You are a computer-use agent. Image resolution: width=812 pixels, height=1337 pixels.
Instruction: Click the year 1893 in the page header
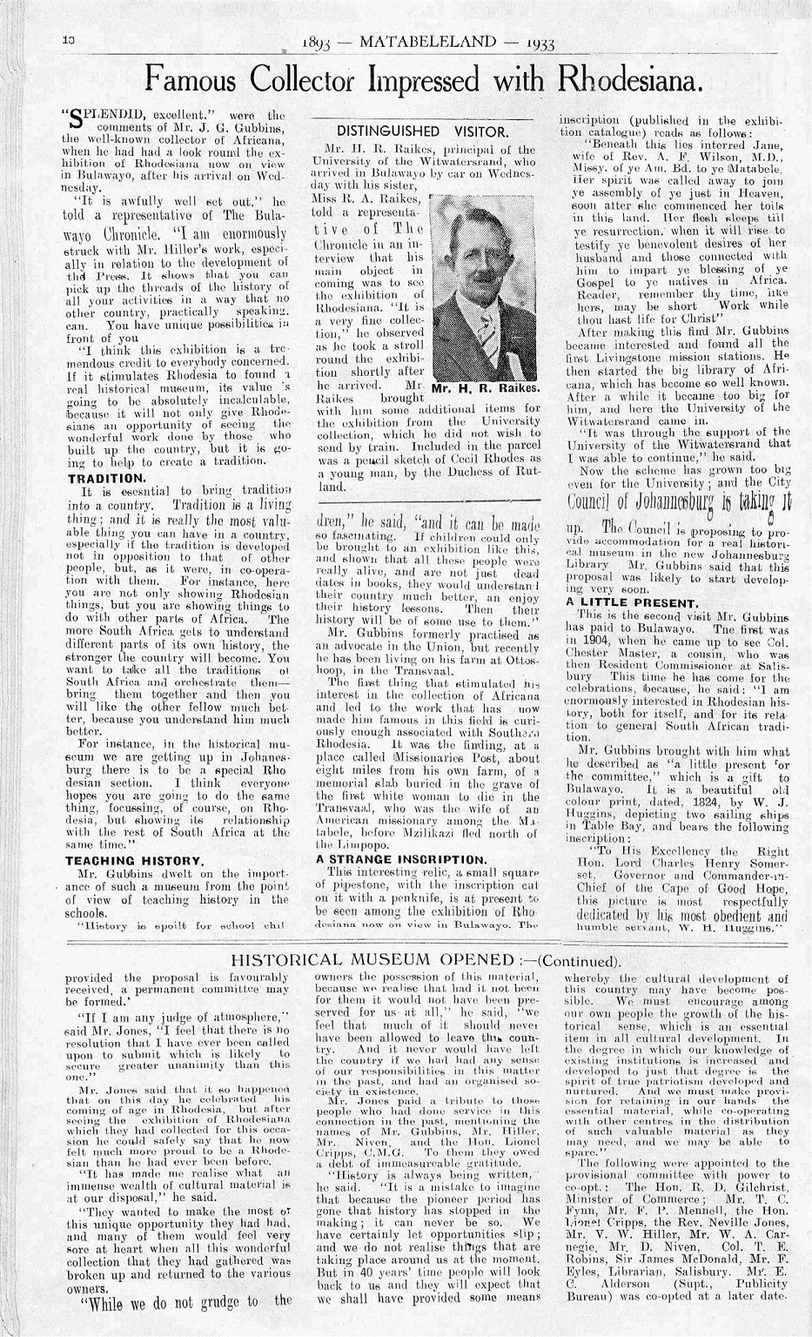pyautogui.click(x=318, y=44)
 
